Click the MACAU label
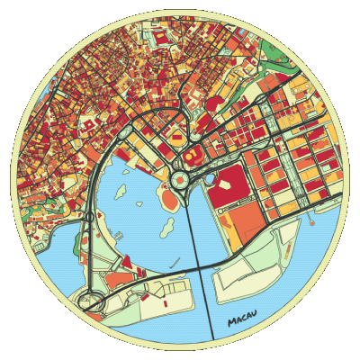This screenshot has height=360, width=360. (243, 319)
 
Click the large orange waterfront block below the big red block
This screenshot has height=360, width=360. (243, 221)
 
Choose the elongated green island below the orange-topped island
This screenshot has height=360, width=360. (166, 225)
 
